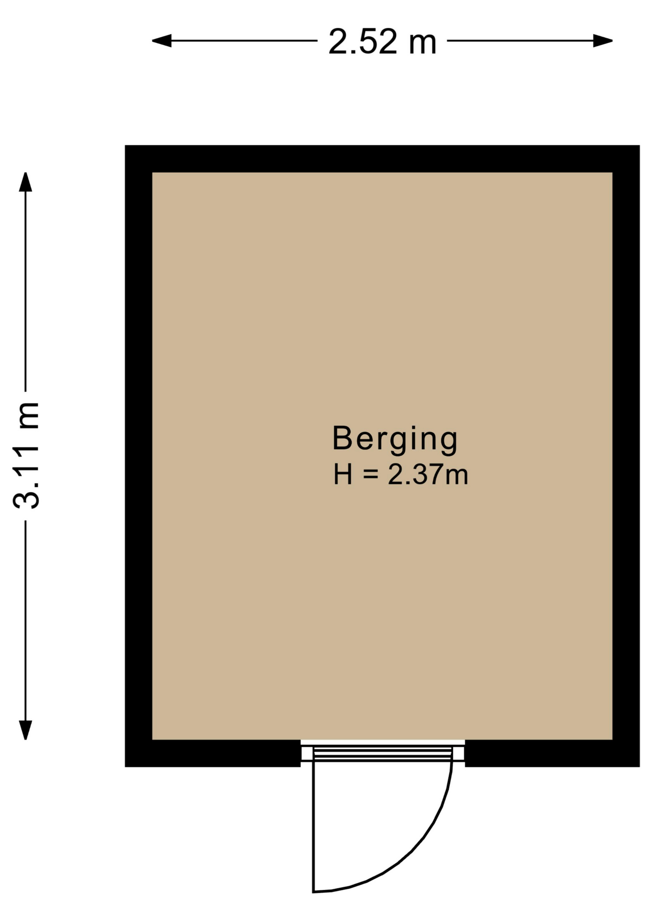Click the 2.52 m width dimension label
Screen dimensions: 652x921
coord(382,42)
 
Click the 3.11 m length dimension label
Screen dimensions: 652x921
coord(26,455)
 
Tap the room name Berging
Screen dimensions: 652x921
coord(395,439)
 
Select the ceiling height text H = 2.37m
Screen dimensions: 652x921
coord(400,475)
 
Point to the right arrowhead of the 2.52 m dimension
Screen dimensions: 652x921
coord(603,41)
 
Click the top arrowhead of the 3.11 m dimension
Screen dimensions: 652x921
coord(25,182)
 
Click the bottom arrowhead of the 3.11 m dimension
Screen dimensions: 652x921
coord(25,730)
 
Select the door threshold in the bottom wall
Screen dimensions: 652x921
coord(383,753)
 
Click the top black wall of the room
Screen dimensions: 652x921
coord(382,159)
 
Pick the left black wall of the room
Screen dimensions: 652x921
coord(139,456)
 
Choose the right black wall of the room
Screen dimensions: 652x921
coord(626,456)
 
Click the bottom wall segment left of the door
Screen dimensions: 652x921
coord(213,753)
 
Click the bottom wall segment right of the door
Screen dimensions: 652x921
coord(552,753)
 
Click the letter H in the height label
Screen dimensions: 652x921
coord(343,475)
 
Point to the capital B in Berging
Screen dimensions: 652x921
coord(343,437)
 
